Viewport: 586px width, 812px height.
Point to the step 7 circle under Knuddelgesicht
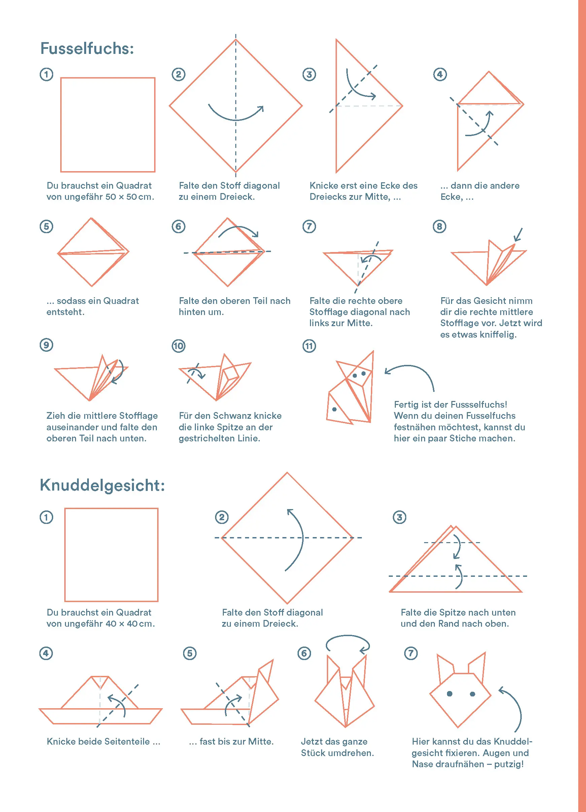[x=411, y=653]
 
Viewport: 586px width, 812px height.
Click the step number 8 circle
[x=439, y=226]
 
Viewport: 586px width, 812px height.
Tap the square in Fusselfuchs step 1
[x=108, y=125]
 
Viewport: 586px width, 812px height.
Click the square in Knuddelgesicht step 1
[x=111, y=555]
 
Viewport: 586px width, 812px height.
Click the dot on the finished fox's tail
[x=334, y=409]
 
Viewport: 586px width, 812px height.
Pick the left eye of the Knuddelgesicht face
[x=450, y=694]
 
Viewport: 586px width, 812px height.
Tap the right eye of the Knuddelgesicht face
[x=472, y=694]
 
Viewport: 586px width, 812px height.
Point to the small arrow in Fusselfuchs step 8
[x=518, y=235]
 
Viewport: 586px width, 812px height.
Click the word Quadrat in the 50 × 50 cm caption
[x=134, y=185]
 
